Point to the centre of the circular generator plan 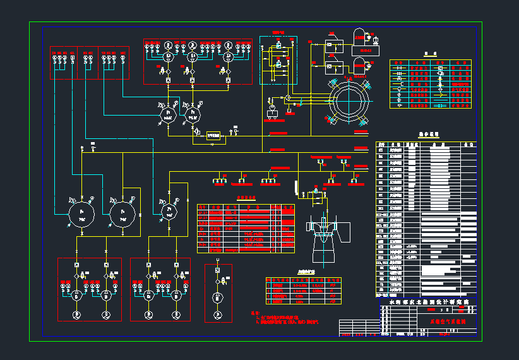[347, 101]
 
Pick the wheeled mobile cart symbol [273, 112]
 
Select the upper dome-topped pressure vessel [360, 36]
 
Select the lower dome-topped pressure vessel [360, 64]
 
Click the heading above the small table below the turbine [301, 272]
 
